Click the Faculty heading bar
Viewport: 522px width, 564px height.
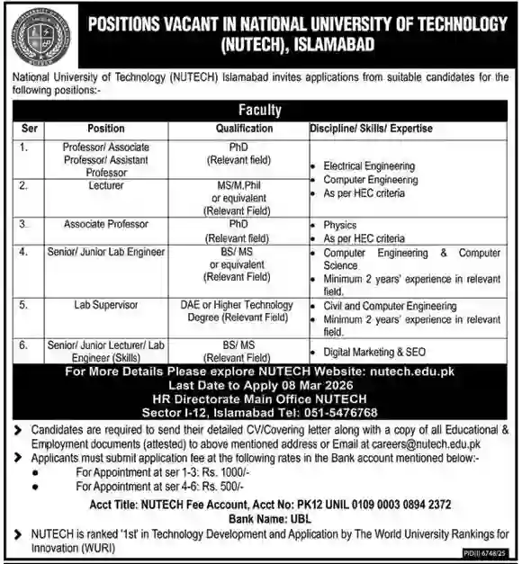[x=260, y=111]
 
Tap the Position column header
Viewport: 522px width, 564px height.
[x=106, y=129]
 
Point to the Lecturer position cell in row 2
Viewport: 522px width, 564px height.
[x=107, y=184]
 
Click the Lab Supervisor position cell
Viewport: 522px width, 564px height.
[x=107, y=305]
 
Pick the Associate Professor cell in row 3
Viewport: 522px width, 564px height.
[x=107, y=223]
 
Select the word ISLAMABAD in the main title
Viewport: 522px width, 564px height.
[x=324, y=43]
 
